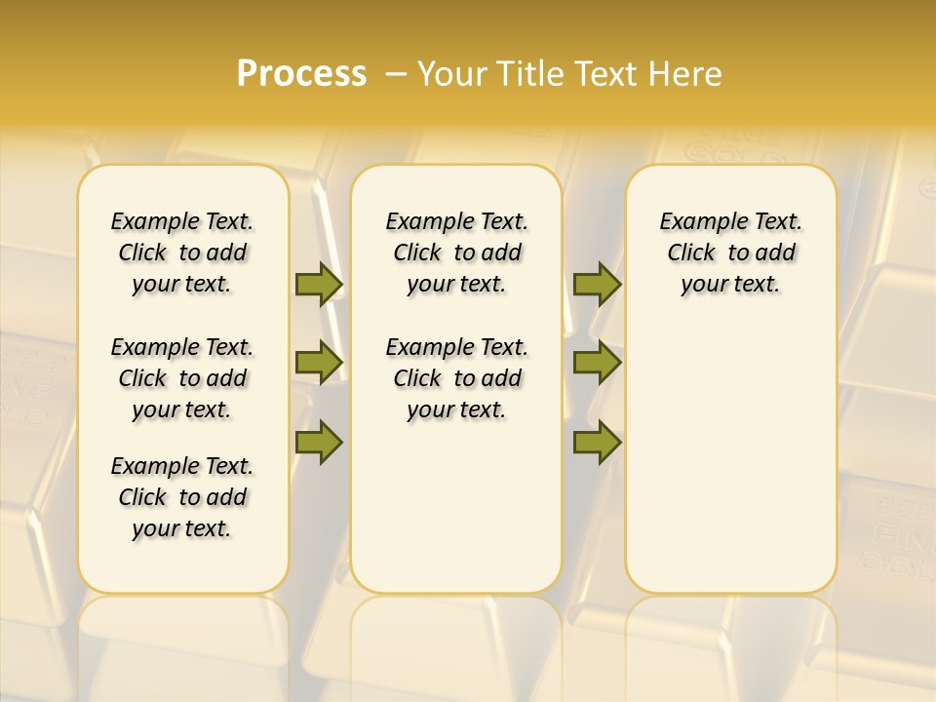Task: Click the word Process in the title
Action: click(301, 74)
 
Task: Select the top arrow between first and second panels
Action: click(319, 284)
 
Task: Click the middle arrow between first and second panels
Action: click(319, 363)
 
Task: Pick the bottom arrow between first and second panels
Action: click(319, 443)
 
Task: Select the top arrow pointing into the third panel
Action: click(597, 284)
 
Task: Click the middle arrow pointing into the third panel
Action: click(597, 363)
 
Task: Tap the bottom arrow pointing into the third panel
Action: click(597, 443)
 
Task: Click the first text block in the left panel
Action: click(182, 253)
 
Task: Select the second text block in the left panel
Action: click(182, 378)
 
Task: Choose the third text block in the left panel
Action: click(182, 497)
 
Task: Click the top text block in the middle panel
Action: click(456, 253)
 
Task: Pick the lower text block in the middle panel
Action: click(456, 378)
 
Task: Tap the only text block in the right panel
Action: click(730, 253)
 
